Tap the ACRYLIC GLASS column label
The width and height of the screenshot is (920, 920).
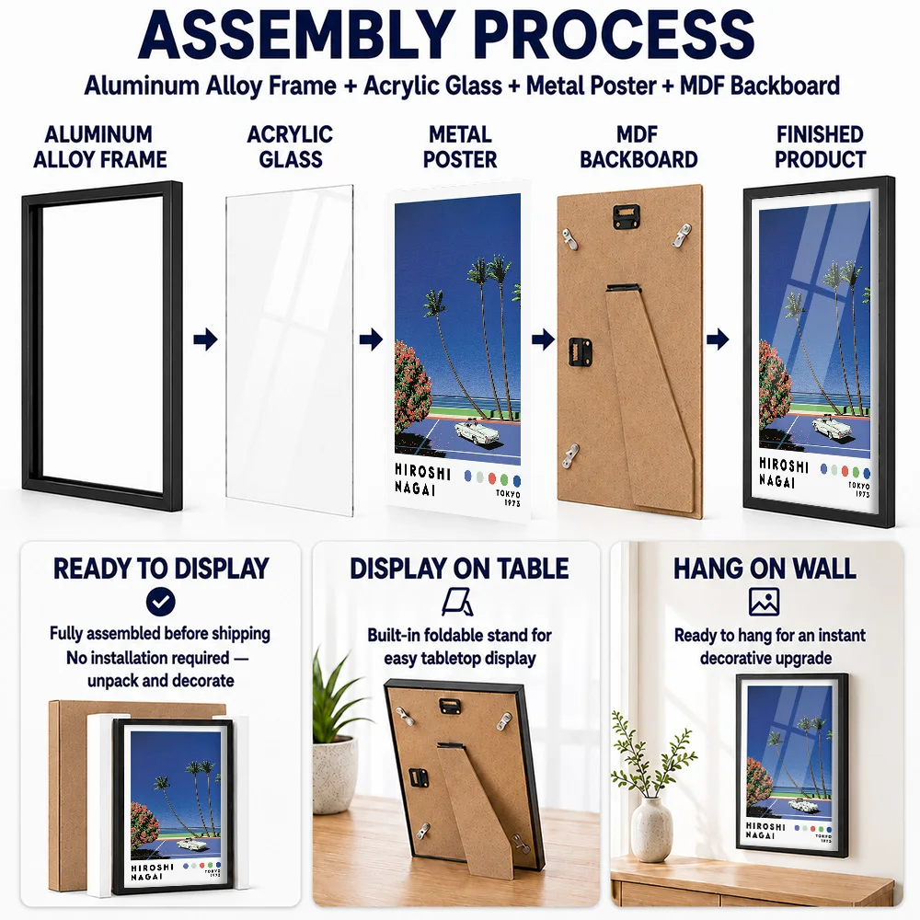point(291,146)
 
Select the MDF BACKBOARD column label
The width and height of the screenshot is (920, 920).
point(638,146)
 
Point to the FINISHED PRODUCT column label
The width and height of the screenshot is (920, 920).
point(821,146)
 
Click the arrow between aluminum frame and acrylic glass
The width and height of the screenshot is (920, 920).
point(205,339)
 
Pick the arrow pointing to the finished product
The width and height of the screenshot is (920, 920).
point(718,339)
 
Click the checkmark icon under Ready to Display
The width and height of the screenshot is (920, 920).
point(161,602)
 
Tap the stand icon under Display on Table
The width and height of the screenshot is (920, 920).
point(458,603)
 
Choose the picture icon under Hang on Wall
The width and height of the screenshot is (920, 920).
point(764,602)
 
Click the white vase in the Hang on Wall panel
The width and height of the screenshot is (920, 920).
point(651,830)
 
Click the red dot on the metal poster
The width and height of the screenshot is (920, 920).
point(492,478)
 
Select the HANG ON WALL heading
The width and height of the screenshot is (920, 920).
point(765,568)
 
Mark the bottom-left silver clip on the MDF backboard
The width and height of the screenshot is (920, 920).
point(570,456)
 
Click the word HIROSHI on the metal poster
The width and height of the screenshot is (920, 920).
point(422,472)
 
